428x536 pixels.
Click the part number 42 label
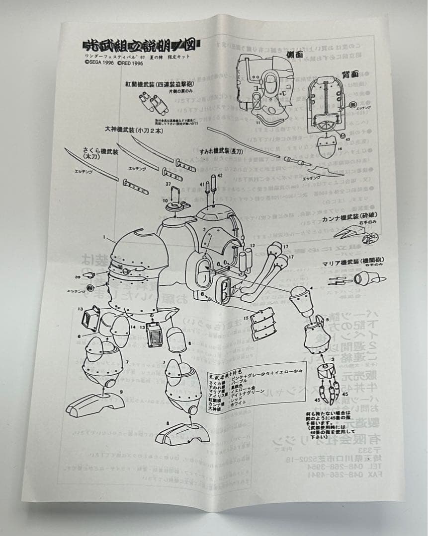click(x=219, y=176)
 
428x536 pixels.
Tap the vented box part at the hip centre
click(x=153, y=331)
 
